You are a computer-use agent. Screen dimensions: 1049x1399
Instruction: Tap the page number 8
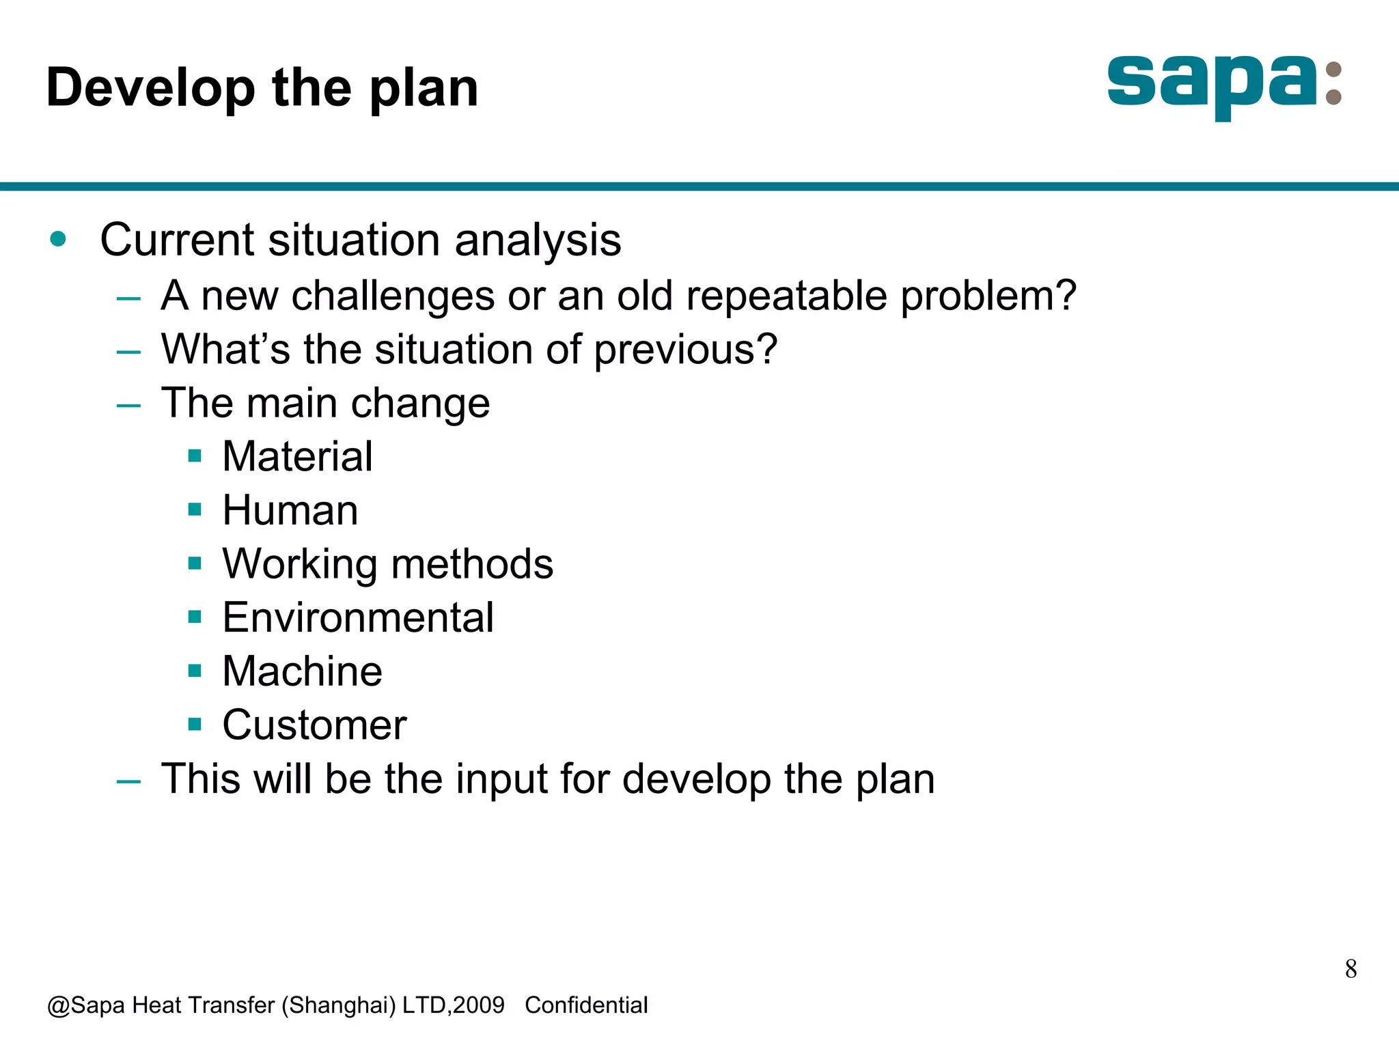[1350, 968]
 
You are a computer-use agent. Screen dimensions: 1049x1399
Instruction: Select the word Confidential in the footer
[586, 1005]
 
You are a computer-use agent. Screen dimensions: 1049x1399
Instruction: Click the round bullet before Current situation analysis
[58, 239]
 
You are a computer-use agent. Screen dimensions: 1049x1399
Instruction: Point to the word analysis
[538, 240]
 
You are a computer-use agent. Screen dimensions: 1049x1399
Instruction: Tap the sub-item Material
[297, 456]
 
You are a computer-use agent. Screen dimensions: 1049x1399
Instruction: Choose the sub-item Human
[290, 510]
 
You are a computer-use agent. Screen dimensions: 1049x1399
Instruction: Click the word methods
[472, 564]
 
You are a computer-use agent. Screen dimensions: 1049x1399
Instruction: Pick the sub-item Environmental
[358, 617]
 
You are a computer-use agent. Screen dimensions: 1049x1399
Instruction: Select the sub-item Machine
[302, 671]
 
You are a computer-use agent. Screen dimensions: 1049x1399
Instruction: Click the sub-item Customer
[314, 725]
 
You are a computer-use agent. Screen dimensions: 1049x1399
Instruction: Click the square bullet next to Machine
[195, 671]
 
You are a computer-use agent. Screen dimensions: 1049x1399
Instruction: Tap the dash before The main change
[128, 405]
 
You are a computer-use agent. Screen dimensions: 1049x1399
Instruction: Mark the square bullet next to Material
[195, 456]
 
